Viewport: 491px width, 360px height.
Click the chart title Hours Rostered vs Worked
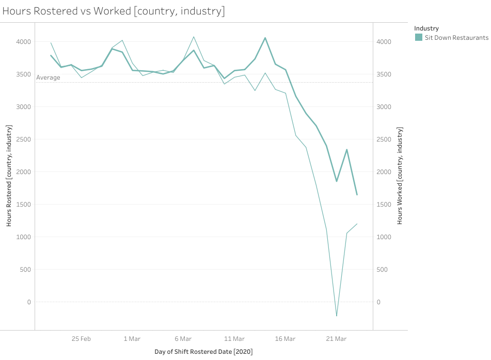point(114,11)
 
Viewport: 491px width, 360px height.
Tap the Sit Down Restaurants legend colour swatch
point(419,38)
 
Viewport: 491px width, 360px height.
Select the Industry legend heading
point(426,28)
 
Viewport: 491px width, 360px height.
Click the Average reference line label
point(48,77)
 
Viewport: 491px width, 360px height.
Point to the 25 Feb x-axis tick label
point(81,339)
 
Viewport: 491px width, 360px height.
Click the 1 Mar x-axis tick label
point(132,339)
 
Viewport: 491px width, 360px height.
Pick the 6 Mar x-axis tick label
point(183,339)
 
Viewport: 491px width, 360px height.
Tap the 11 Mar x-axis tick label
point(234,339)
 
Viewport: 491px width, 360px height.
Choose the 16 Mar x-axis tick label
point(285,339)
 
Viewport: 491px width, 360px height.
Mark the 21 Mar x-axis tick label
point(336,339)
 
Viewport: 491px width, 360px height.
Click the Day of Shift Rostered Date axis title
point(203,352)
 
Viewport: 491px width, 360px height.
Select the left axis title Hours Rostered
point(9,176)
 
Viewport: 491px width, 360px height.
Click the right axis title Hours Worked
point(400,176)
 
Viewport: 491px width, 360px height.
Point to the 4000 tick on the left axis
point(23,42)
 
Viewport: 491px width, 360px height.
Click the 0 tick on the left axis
point(29,302)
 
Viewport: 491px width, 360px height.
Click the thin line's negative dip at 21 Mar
point(337,316)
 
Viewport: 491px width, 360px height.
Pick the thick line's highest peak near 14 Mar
point(265,38)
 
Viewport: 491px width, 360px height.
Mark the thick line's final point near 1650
point(357,195)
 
